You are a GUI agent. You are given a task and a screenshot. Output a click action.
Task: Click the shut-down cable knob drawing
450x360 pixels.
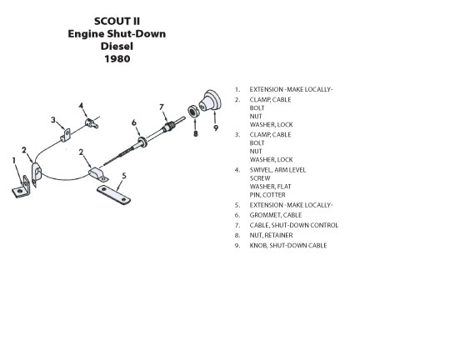210,101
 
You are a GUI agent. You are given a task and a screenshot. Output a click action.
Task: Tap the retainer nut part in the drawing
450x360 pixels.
192,112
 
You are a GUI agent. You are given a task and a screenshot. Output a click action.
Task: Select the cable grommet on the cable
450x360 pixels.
142,142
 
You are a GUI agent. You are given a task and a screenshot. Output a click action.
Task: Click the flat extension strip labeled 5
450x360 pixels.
113,195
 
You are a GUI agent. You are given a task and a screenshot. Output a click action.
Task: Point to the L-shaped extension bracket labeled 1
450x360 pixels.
22,188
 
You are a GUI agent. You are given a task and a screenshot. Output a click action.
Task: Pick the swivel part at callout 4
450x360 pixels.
92,122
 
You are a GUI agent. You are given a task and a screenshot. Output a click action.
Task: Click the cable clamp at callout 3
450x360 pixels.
66,135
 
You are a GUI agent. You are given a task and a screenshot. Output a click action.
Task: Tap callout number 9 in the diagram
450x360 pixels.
216,127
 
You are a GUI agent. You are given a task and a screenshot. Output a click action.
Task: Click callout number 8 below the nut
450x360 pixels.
196,133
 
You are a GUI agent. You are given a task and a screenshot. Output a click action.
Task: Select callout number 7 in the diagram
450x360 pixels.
162,107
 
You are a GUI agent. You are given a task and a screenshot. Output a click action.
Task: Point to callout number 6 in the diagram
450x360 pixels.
134,122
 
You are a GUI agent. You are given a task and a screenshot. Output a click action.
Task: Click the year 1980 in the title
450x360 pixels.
117,59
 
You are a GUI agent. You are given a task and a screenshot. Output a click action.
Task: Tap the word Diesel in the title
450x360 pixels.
117,46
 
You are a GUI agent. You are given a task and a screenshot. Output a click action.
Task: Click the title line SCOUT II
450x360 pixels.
117,21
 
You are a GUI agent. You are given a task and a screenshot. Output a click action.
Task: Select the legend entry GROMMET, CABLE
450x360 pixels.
276,215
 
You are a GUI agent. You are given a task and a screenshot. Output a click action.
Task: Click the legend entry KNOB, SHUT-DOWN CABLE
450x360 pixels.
288,246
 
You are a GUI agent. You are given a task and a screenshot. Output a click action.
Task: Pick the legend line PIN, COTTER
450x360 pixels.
267,195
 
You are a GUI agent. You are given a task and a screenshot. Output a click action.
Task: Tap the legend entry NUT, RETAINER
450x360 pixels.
271,235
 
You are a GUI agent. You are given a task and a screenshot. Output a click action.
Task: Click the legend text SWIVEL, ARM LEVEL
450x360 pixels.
277,170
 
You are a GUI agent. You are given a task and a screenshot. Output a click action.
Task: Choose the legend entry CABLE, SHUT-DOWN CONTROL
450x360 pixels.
294,225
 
